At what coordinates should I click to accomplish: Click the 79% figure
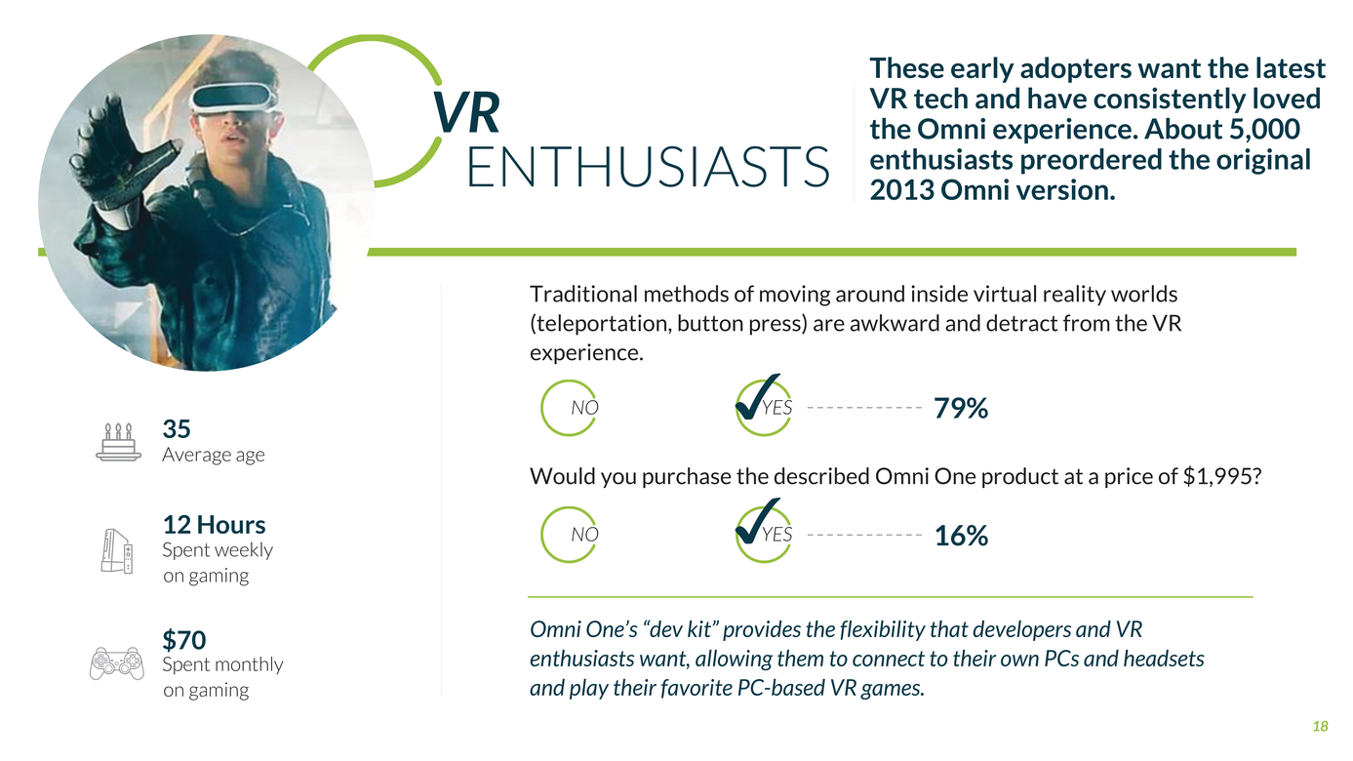point(961,408)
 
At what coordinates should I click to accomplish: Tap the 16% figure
point(961,536)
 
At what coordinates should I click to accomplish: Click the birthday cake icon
point(118,442)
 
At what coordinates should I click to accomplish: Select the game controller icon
point(117,663)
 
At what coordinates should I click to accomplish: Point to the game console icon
point(117,551)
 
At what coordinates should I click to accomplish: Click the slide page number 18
point(1321,726)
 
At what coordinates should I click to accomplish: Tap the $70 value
point(184,640)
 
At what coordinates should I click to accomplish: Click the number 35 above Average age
point(177,429)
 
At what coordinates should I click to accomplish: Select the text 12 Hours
point(214,525)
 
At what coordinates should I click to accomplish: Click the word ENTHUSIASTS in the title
point(648,167)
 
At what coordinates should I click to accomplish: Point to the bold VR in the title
point(466,112)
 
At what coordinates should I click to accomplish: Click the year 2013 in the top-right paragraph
point(901,190)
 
